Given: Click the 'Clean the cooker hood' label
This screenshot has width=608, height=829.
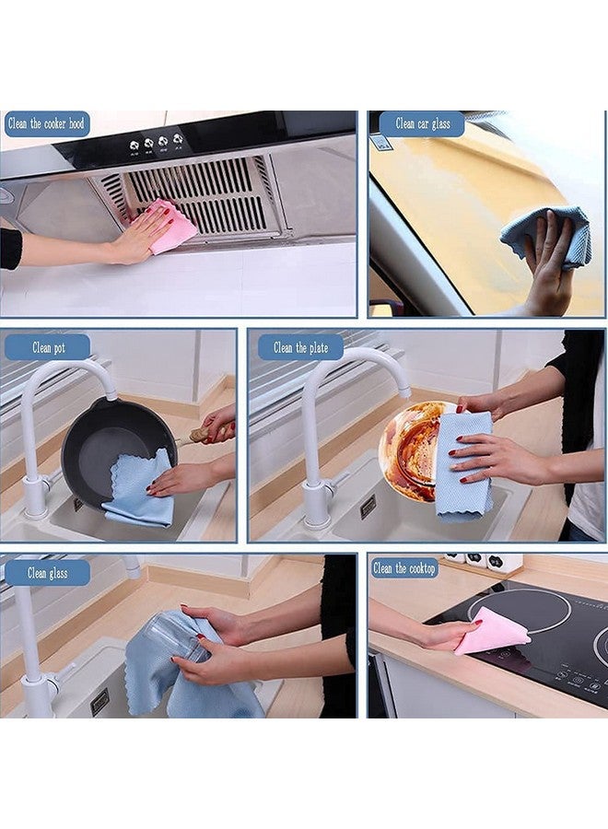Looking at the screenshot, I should coord(46,123).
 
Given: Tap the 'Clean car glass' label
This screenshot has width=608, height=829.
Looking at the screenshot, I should coord(422,123).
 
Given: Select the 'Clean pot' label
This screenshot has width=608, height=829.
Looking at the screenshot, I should coord(48,347).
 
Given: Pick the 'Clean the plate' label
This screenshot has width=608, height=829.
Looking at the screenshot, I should coord(300,347).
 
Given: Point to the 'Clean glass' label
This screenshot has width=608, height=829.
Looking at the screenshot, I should coord(48,572).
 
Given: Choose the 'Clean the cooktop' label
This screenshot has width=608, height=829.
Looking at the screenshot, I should coord(405,568).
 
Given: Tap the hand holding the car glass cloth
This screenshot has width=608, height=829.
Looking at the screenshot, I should coord(549,267).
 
